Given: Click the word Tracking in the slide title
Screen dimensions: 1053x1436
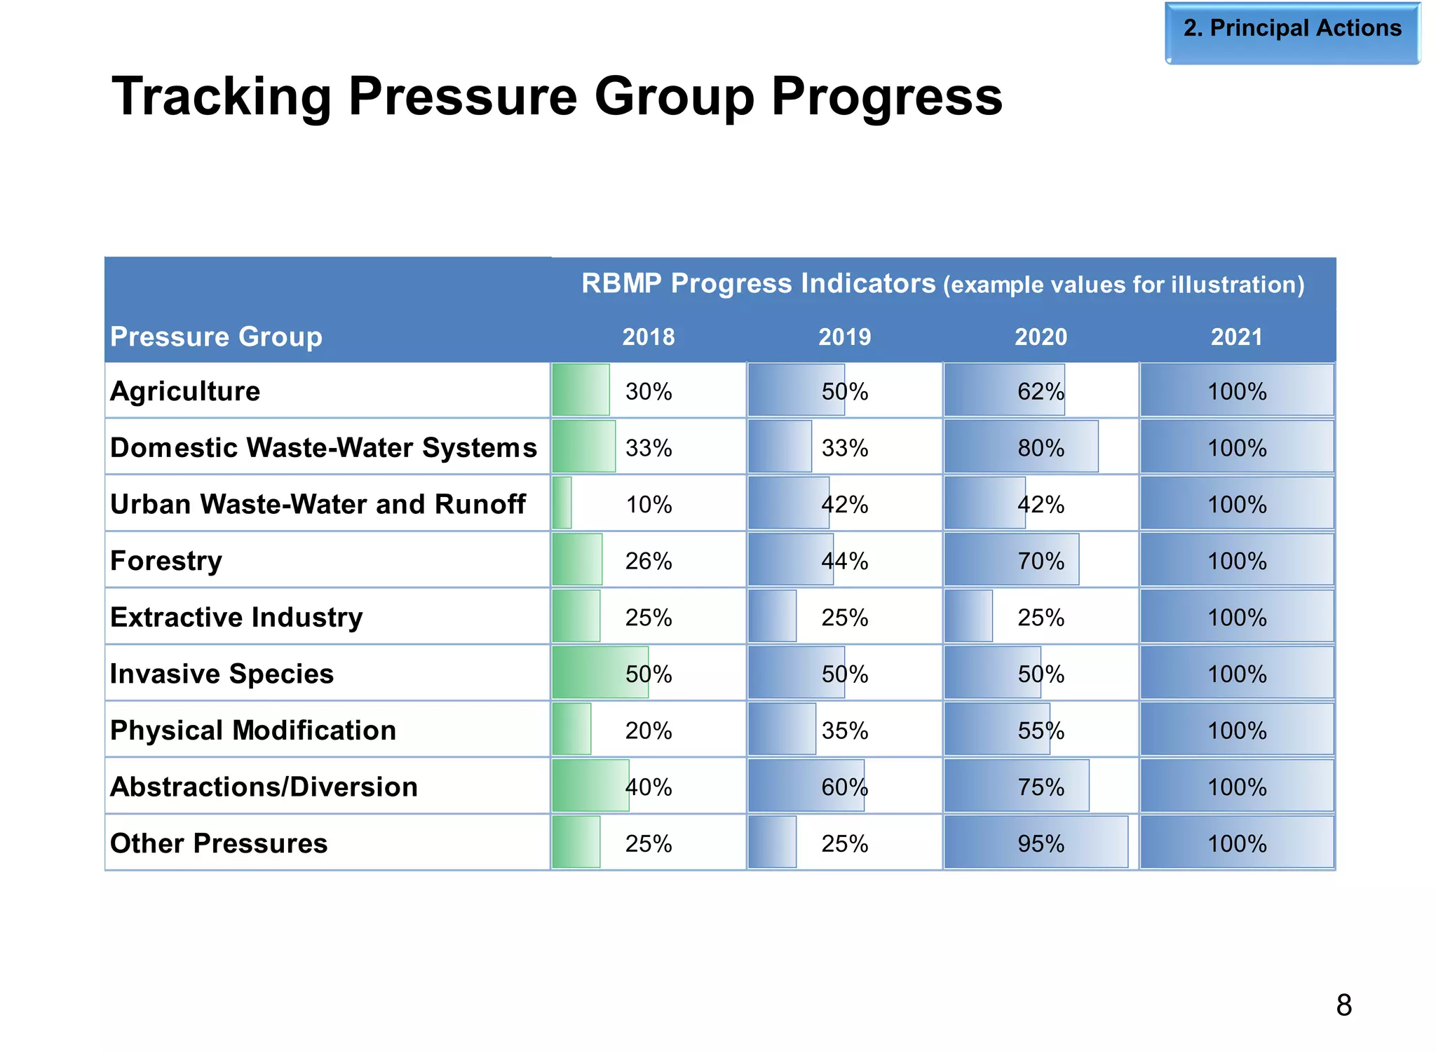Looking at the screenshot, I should click(x=221, y=97).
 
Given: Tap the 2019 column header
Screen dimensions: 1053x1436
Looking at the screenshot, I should click(x=844, y=337).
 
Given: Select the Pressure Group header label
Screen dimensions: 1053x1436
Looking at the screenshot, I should click(x=216, y=337).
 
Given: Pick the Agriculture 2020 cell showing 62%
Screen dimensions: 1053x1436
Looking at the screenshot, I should click(x=1041, y=391).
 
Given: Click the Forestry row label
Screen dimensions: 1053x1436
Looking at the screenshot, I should click(x=166, y=561).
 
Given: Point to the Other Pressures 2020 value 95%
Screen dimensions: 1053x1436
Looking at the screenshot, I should click(x=1041, y=843).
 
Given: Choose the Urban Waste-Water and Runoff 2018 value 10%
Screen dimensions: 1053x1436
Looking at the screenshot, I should click(x=649, y=505).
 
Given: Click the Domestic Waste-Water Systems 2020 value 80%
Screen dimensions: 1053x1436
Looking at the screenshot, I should click(x=1041, y=448).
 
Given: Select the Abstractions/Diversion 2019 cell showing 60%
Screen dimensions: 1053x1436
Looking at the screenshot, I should click(x=844, y=787).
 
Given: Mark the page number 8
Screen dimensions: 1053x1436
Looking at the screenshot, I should click(x=1343, y=1005).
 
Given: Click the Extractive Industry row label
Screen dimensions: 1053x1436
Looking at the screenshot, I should click(x=236, y=618).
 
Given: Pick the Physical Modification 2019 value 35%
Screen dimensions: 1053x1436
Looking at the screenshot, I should click(x=844, y=731).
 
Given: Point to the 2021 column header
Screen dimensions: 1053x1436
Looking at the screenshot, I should click(x=1236, y=337).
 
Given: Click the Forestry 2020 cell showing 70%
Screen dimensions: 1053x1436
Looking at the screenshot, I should click(x=1041, y=561).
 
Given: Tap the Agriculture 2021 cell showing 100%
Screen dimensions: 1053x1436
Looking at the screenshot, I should click(x=1236, y=391).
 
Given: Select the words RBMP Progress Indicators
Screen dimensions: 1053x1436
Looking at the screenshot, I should click(x=758, y=283).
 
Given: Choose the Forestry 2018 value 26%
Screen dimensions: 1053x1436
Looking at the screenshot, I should click(x=649, y=561).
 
